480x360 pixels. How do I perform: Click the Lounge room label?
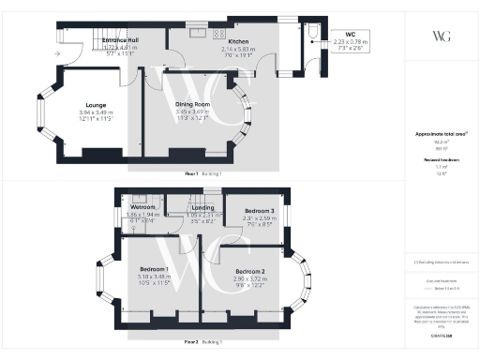(94, 105)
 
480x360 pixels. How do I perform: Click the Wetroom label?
(142, 207)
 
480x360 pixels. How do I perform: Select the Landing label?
(190, 207)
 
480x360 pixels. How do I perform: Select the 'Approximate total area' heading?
(440, 134)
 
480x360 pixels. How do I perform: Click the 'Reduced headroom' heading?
(440, 159)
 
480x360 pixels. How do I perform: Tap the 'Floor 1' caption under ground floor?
(191, 175)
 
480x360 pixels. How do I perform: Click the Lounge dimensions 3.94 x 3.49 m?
(94, 113)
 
